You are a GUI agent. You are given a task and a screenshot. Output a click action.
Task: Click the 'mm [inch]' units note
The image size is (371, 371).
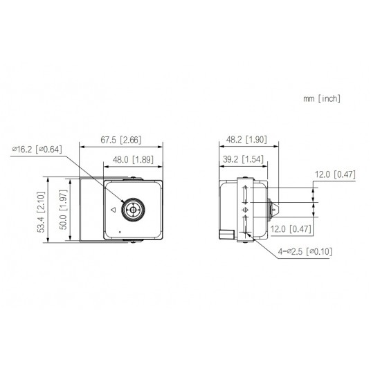(x=321, y=99)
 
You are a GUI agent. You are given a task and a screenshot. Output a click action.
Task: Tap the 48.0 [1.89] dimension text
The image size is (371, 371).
(x=133, y=160)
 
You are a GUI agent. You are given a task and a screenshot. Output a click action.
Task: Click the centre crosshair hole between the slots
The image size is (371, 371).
(x=245, y=208)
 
